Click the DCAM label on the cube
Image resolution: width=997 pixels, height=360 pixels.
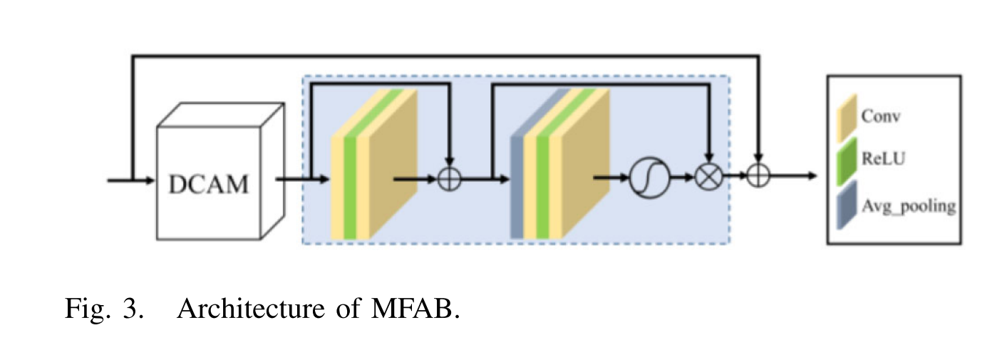click(209, 184)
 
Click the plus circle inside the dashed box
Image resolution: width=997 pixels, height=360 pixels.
click(449, 178)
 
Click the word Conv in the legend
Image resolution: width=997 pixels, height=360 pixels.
click(881, 117)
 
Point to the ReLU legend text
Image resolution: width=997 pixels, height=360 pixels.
click(884, 160)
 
